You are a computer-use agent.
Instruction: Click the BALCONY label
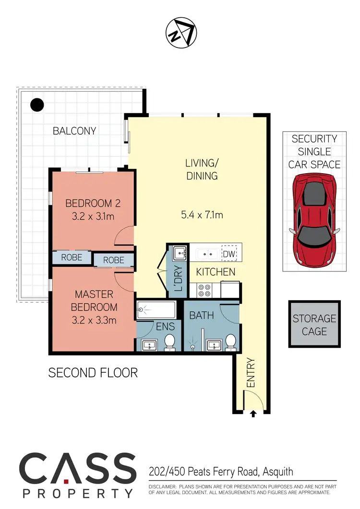pyautogui.click(x=74, y=130)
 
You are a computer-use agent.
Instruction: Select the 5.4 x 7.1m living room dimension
pyautogui.click(x=202, y=215)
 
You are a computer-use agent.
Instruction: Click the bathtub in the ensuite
pyautogui.click(x=156, y=310)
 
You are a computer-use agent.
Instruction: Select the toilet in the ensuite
pyautogui.click(x=169, y=343)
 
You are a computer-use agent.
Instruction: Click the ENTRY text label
pyautogui.click(x=250, y=373)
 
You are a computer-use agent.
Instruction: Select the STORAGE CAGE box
pyautogui.click(x=314, y=325)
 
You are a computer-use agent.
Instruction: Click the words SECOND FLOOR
pyautogui.click(x=93, y=372)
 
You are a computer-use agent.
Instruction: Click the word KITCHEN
pyautogui.click(x=216, y=272)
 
